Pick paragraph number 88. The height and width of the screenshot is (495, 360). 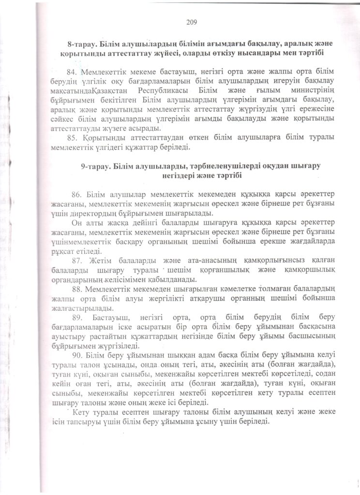click(x=78, y=290)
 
